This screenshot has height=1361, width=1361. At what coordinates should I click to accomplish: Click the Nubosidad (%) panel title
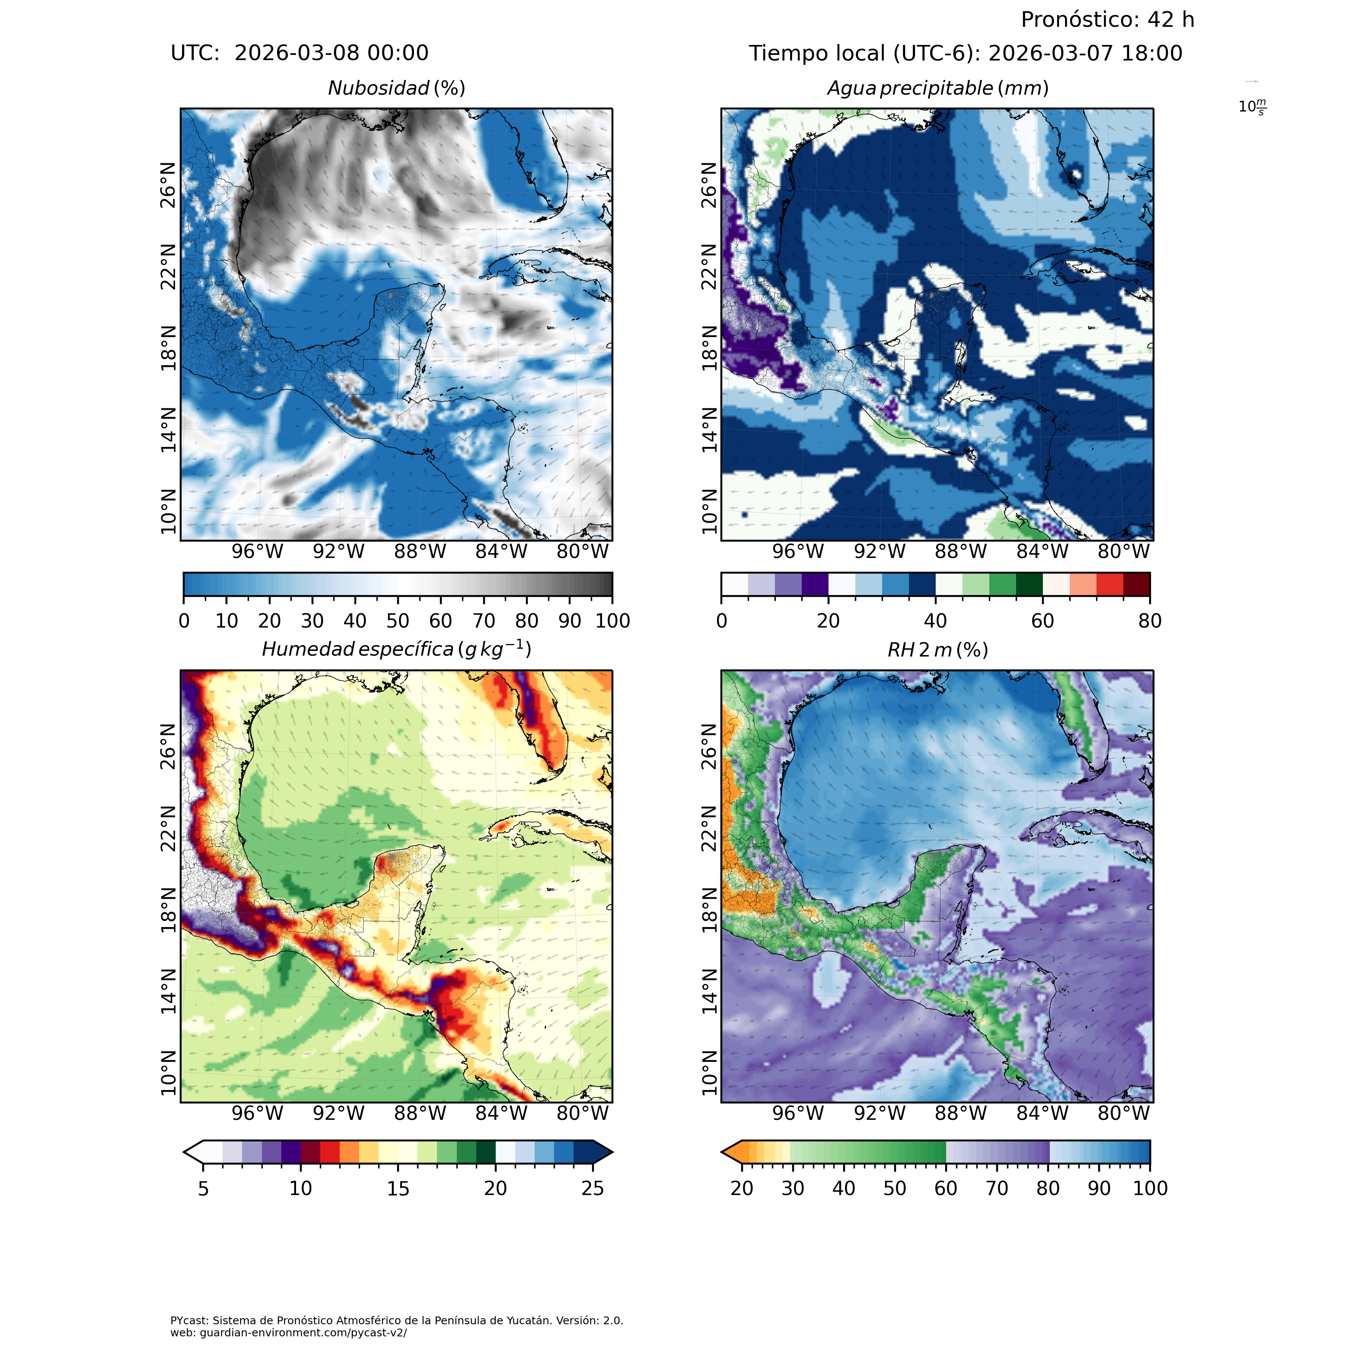click(x=397, y=89)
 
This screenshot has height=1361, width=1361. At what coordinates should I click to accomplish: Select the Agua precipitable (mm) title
click(x=937, y=89)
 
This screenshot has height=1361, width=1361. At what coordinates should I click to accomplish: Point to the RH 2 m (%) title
click(x=937, y=650)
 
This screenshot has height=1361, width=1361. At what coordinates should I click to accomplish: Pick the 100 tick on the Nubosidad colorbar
click(x=612, y=621)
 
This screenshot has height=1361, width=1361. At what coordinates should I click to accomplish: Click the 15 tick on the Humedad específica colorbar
click(x=398, y=1189)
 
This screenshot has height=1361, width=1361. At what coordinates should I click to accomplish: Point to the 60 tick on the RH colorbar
click(x=945, y=1189)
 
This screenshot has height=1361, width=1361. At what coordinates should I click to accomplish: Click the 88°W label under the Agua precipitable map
click(x=960, y=551)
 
